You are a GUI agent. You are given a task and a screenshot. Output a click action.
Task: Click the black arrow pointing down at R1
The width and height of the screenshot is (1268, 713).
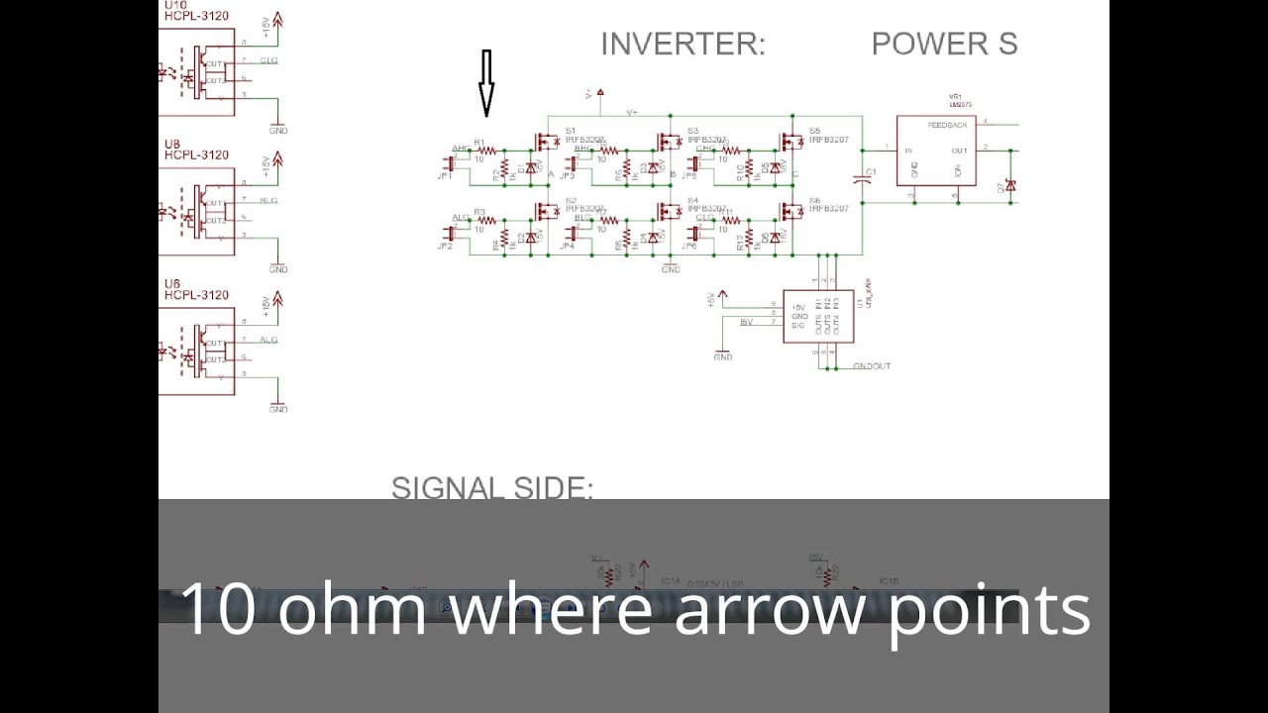click(486, 84)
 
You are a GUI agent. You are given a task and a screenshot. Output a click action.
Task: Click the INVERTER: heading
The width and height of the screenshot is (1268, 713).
click(683, 45)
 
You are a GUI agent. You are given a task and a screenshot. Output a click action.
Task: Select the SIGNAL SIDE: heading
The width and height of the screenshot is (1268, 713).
click(492, 488)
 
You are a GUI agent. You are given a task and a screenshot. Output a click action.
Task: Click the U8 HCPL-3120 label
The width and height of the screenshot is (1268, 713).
click(196, 150)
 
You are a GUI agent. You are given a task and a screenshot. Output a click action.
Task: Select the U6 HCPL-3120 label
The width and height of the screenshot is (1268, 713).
click(196, 289)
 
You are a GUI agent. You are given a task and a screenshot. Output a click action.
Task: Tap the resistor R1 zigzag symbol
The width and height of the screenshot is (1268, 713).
click(485, 151)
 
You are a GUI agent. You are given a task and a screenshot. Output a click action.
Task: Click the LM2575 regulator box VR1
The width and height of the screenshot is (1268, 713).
click(936, 151)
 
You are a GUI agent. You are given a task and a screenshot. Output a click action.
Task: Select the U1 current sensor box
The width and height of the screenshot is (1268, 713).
click(818, 316)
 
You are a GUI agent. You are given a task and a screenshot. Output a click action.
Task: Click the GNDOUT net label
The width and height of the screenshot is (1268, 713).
click(872, 366)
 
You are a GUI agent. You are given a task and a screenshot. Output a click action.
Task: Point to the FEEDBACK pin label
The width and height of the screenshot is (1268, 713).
click(947, 126)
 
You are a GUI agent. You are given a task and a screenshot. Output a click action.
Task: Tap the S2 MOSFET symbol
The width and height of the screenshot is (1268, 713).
click(546, 213)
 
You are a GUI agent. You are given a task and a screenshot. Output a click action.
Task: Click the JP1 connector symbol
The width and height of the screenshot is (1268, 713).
click(448, 165)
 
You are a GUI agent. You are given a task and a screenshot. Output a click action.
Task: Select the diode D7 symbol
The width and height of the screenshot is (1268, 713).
click(1010, 185)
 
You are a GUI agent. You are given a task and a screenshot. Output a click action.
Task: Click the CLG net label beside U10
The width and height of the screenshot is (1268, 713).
click(268, 60)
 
